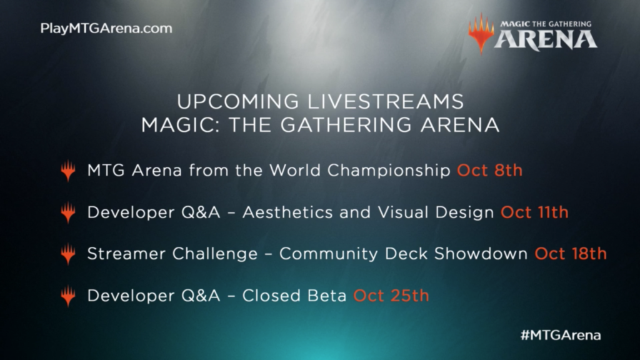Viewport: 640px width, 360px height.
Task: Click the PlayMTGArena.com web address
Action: point(106,29)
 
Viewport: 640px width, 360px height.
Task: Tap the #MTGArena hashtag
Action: point(561,336)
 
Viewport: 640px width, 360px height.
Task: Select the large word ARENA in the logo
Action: point(546,40)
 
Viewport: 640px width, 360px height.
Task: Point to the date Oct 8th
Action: point(489,170)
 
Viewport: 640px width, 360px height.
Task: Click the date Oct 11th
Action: point(534,212)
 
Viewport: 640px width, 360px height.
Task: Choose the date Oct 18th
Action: point(571,254)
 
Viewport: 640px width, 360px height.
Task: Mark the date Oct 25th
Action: point(391,296)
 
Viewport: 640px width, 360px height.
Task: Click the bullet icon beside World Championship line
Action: point(68,171)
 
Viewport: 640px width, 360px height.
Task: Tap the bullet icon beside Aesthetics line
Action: point(68,213)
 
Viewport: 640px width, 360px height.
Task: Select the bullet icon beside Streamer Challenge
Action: point(68,254)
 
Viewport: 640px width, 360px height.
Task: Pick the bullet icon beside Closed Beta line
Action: point(68,296)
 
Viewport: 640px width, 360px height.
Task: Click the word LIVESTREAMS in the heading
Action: point(386,102)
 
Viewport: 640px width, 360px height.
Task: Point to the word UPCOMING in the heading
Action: point(238,102)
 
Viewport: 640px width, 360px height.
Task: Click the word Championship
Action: point(389,171)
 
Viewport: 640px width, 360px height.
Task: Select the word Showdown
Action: point(481,254)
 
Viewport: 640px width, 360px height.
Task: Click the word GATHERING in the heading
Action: point(346,125)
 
